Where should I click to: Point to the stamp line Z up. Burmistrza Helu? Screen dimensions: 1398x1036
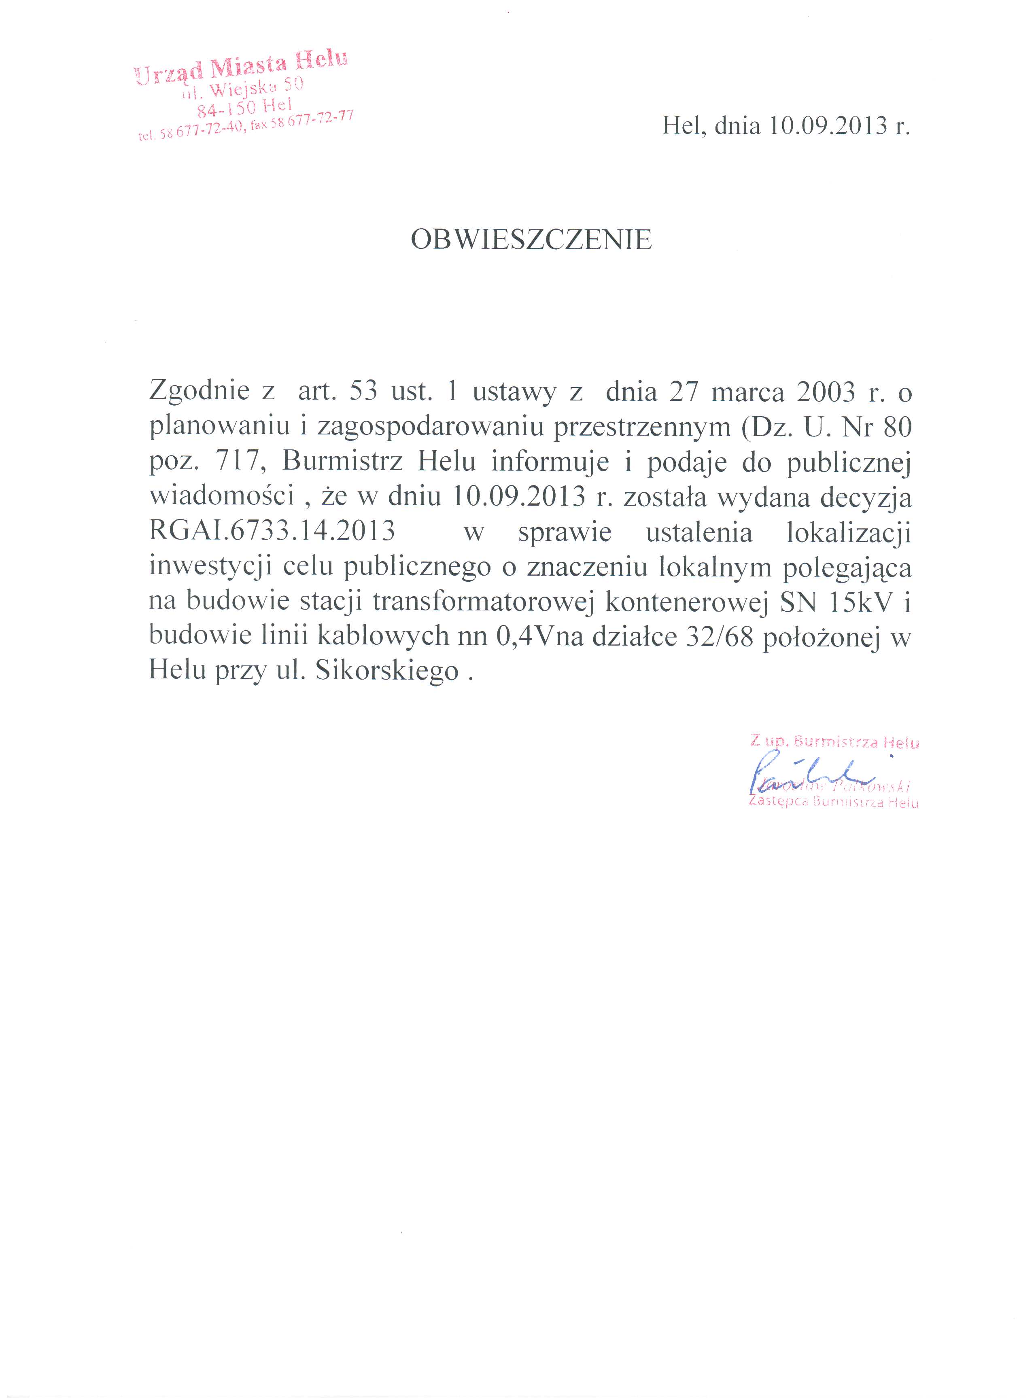[x=834, y=742]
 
